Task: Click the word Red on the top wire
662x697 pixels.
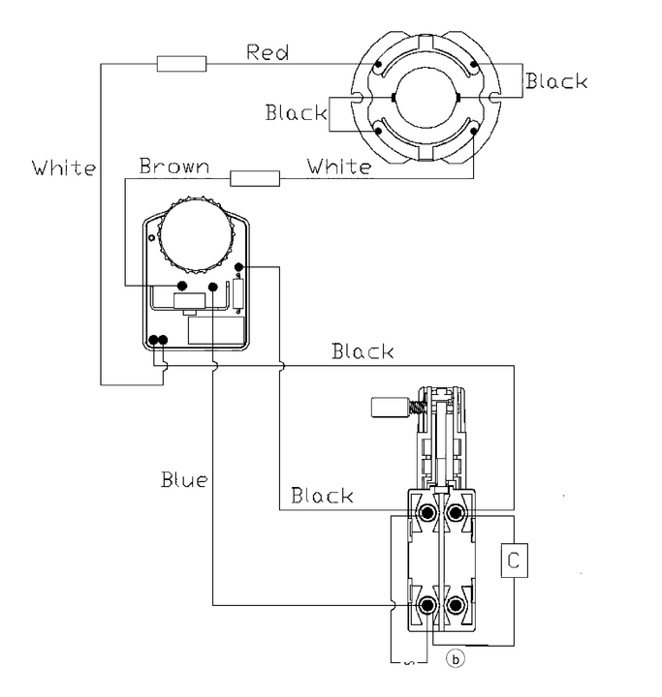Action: [268, 51]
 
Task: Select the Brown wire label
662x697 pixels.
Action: [173, 166]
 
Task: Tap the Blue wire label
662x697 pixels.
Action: [184, 478]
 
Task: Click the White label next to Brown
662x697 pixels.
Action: [338, 167]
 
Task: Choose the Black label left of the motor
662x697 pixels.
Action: [297, 112]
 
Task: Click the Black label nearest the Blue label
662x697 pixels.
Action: [322, 496]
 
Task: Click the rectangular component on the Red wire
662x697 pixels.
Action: [181, 64]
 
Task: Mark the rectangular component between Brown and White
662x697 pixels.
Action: [255, 177]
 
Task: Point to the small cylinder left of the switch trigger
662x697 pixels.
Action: [390, 409]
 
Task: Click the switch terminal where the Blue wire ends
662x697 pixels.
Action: [426, 607]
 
